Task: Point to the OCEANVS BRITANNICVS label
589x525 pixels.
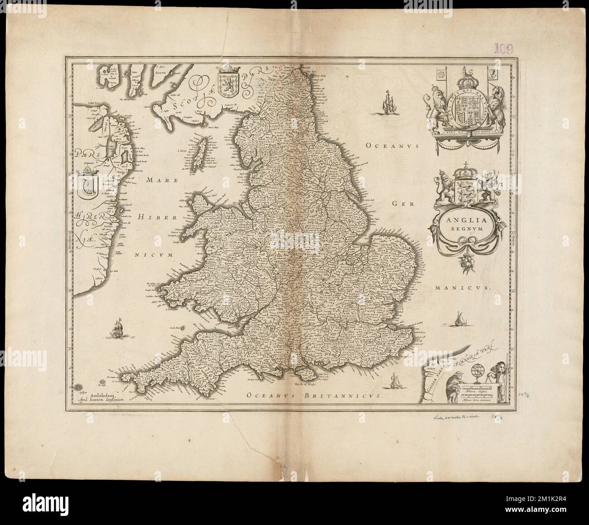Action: click(313, 395)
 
